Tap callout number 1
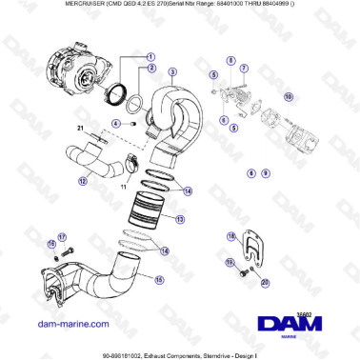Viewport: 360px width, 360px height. [x=150, y=56]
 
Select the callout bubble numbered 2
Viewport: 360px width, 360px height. [x=150, y=69]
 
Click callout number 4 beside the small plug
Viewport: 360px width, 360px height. [x=115, y=123]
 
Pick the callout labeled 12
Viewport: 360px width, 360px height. [x=83, y=181]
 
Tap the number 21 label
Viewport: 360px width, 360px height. [x=81, y=127]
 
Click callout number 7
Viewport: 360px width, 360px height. [x=244, y=68]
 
